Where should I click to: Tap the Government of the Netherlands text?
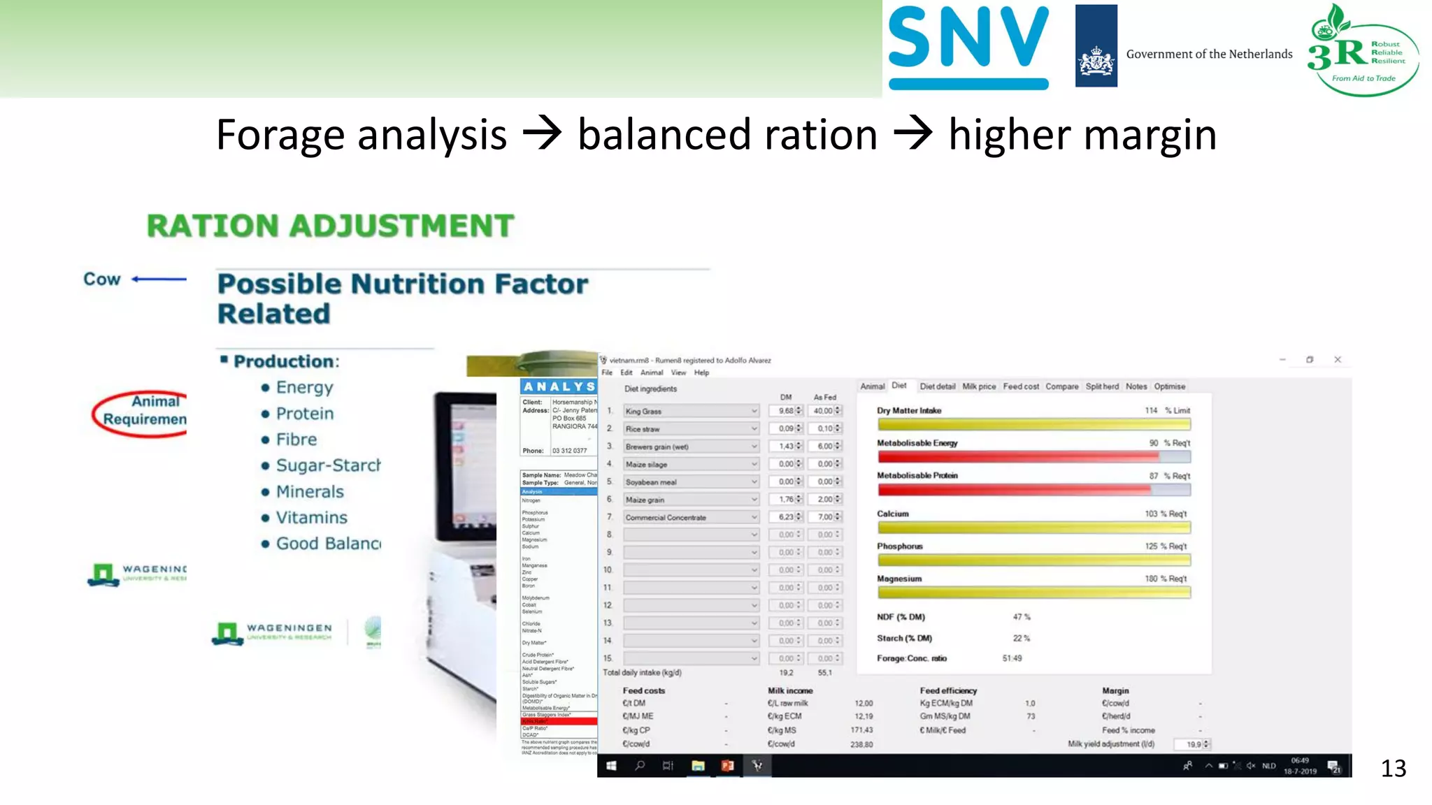[1209, 55]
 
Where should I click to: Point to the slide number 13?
[1393, 769]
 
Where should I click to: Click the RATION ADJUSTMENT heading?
[330, 226]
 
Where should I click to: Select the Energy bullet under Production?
[304, 387]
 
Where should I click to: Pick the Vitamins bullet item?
[311, 518]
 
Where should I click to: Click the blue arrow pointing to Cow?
[159, 279]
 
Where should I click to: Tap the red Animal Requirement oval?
[143, 414]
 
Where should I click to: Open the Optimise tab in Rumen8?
[1169, 386]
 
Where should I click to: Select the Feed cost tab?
[1020, 386]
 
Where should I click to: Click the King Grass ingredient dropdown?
[690, 412]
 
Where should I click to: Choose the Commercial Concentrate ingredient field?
[690, 518]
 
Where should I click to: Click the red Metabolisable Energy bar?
[1017, 457]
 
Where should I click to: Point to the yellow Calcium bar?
[1033, 528]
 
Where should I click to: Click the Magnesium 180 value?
[1151, 579]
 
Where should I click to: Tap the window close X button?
[1338, 360]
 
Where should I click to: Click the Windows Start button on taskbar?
[611, 766]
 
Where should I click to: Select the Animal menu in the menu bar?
[651, 372]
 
